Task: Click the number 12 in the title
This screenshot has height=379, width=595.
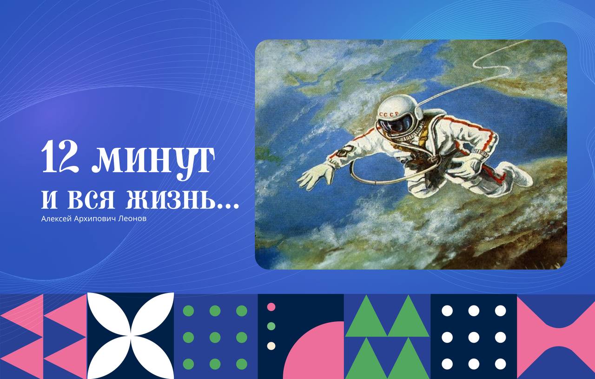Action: click(x=60, y=157)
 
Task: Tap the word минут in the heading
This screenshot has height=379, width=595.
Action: click(x=153, y=161)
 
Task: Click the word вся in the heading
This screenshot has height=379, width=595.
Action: click(x=91, y=199)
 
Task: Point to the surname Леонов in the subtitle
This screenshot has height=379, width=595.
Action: click(x=132, y=219)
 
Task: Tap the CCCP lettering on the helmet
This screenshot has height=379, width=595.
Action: click(x=389, y=114)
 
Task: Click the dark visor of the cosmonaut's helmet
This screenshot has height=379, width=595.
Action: click(x=396, y=126)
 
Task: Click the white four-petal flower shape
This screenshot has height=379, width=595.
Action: click(x=131, y=336)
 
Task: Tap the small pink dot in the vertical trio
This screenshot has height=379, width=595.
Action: click(x=271, y=307)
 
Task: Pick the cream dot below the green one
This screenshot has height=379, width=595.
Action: click(x=271, y=346)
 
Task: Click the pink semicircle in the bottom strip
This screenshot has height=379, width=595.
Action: click(x=314, y=350)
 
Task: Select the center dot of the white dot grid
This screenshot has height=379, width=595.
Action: click(x=474, y=337)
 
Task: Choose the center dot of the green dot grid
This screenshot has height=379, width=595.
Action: click(x=215, y=337)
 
